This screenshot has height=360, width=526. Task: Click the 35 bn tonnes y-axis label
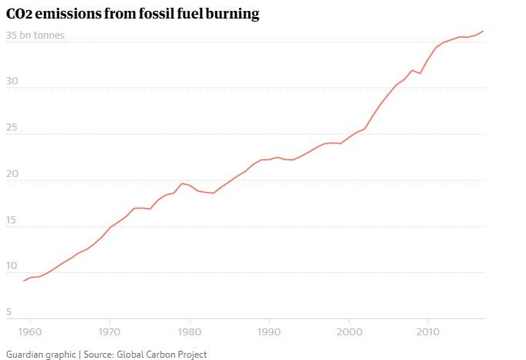[x=35, y=36]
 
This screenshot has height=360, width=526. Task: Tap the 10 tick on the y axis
[x=12, y=266]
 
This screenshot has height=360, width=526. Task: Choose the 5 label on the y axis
[x=9, y=312]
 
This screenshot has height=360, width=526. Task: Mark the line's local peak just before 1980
[x=181, y=183]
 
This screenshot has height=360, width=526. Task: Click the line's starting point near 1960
[x=24, y=280]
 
